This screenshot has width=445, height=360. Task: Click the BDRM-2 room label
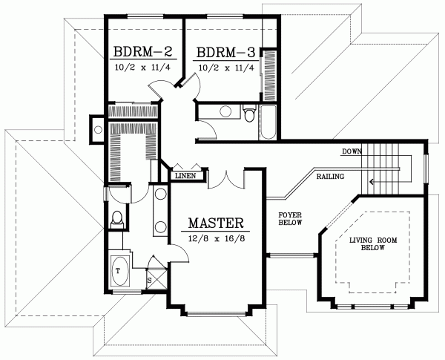click(143, 53)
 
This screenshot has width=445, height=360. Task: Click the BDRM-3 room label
click(226, 53)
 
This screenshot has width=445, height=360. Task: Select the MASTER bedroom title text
click(216, 223)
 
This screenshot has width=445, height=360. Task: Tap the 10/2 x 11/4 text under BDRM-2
click(143, 68)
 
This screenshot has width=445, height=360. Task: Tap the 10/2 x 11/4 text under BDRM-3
click(226, 68)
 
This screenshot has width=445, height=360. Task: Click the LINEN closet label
click(184, 176)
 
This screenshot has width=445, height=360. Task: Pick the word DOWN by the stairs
click(352, 152)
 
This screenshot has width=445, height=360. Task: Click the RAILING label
click(329, 178)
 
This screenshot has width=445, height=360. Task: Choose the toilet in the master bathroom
click(116, 220)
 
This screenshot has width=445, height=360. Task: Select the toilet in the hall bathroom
click(249, 114)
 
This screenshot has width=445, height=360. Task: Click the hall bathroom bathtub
click(268, 122)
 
